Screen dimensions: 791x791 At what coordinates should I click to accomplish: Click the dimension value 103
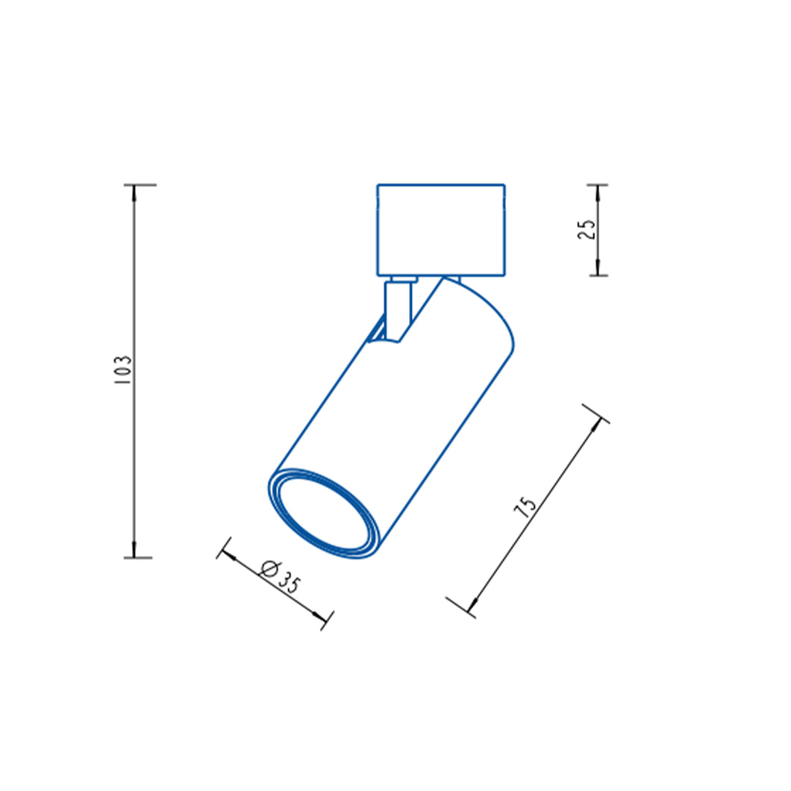[x=123, y=370]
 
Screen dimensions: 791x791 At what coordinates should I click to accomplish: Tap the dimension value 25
[x=587, y=230]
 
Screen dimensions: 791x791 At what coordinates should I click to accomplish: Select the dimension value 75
[x=525, y=507]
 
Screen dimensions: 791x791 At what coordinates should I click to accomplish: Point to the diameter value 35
[x=289, y=583]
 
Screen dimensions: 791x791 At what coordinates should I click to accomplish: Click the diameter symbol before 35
[x=269, y=569]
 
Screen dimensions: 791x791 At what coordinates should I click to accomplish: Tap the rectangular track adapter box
[x=441, y=230]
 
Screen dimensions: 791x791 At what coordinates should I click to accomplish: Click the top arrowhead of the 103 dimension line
[x=134, y=194]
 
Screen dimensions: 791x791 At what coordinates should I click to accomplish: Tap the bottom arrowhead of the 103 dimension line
[x=134, y=549]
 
